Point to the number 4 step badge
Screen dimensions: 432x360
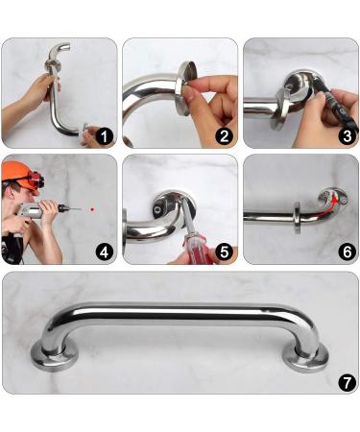click(103, 253)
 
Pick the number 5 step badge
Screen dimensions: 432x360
click(224, 253)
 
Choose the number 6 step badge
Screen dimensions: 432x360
click(345, 253)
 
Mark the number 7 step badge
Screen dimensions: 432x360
click(345, 382)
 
